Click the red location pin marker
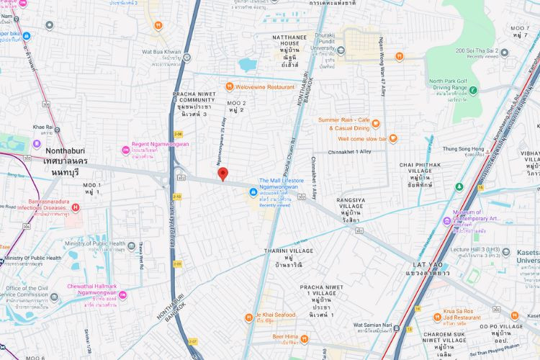[222, 174]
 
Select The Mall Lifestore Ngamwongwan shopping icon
[253, 192]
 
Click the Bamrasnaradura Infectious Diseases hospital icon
[76, 207]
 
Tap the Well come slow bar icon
[393, 138]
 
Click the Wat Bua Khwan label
[161, 53]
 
